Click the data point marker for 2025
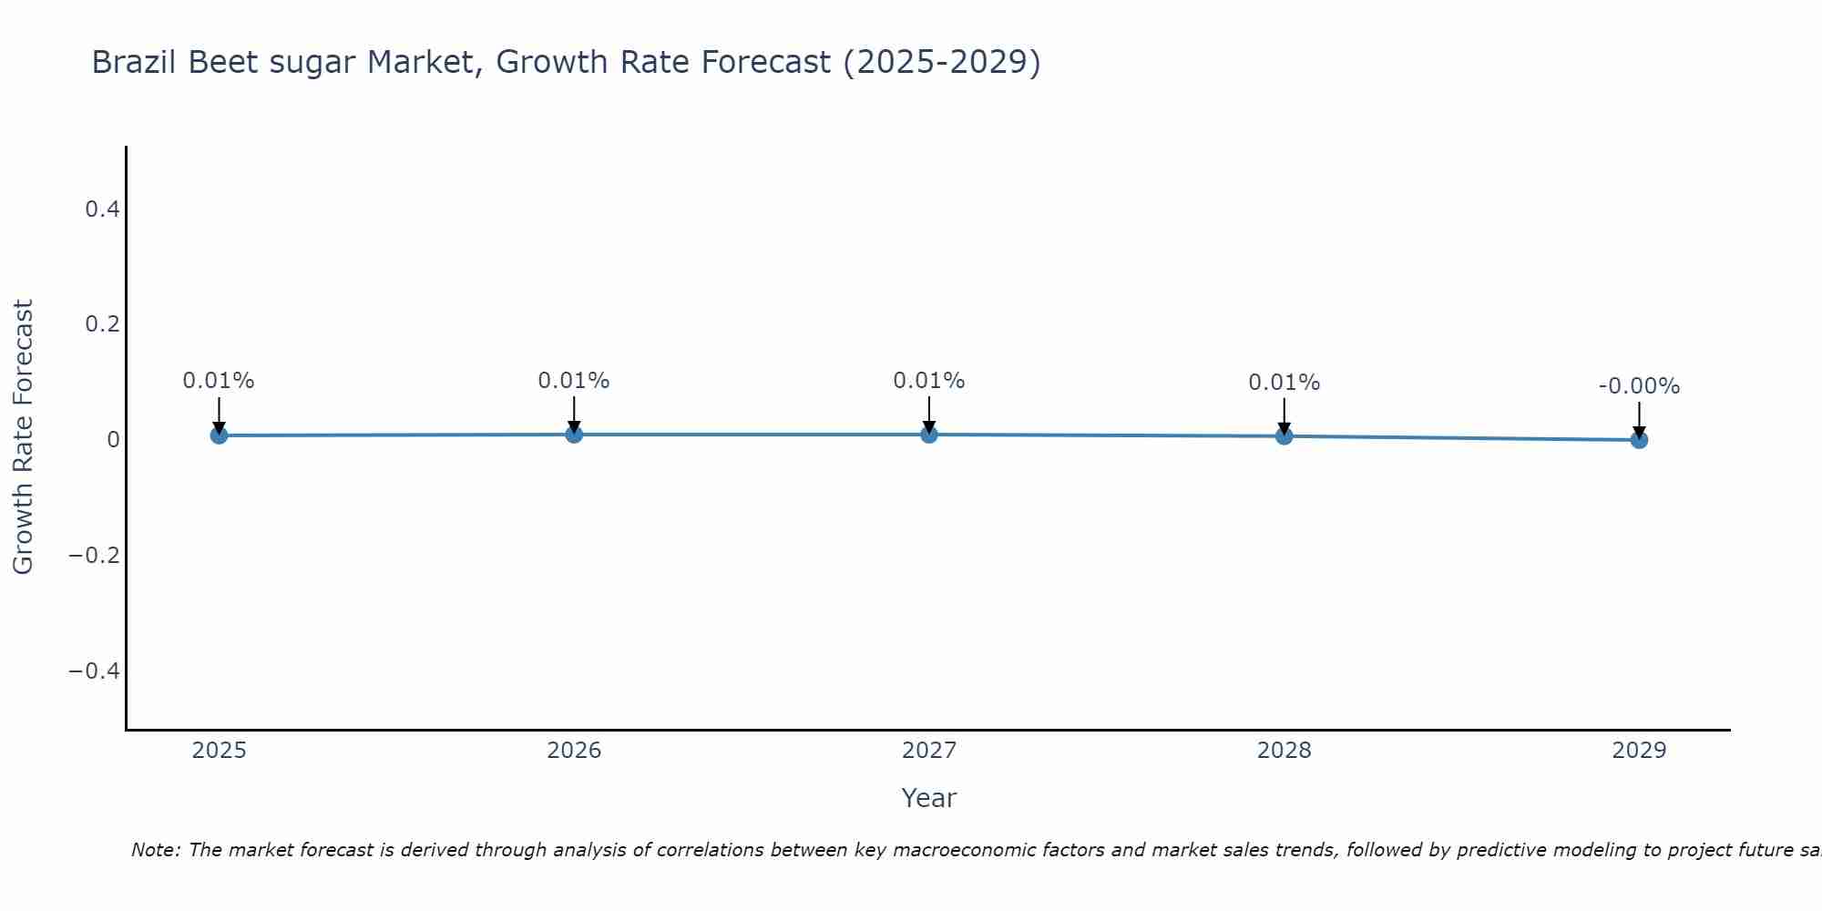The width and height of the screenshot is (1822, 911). point(219,435)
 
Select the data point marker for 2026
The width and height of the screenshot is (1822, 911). point(574,435)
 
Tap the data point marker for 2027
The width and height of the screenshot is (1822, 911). point(929,435)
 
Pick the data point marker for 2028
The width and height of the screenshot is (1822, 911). point(1284,436)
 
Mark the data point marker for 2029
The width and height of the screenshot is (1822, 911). point(1639,440)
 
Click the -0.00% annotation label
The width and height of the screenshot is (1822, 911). point(1639,386)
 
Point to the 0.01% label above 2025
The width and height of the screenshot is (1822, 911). point(219,381)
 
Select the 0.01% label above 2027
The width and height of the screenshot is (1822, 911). point(929,381)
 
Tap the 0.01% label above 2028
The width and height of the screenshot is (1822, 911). point(1284,383)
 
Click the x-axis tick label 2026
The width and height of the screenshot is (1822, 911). point(574,751)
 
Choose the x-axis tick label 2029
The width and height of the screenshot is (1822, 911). point(1639,751)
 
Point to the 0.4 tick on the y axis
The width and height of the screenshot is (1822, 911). point(102,210)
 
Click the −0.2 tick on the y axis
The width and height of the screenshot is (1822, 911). point(95,555)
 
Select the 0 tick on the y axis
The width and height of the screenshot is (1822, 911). point(113,440)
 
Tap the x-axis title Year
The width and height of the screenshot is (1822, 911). point(928,799)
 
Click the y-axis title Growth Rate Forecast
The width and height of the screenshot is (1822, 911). point(24,437)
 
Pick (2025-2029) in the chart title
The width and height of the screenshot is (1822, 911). point(942,63)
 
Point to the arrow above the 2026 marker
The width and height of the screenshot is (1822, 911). point(574,412)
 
